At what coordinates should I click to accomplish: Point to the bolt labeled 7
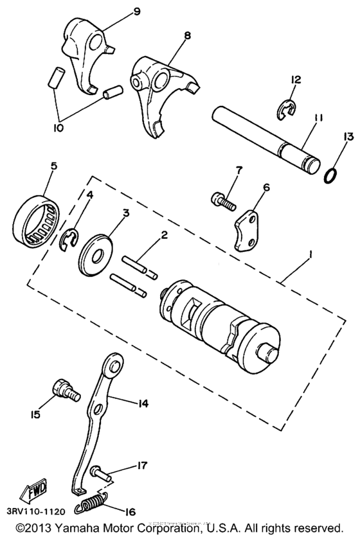pyautogui.click(x=222, y=200)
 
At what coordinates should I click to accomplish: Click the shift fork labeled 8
pyautogui.click(x=161, y=93)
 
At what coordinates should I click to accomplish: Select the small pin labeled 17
pyautogui.click(x=102, y=472)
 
